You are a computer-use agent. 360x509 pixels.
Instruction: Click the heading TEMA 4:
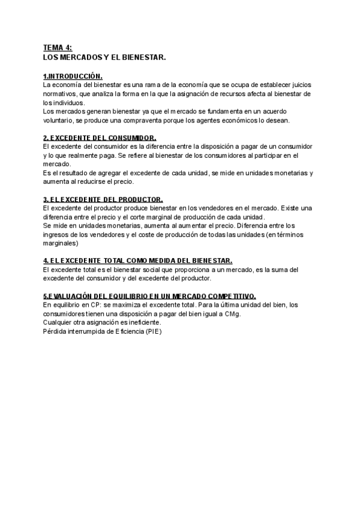[57, 47]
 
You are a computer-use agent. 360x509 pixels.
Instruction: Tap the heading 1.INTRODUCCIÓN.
[73, 77]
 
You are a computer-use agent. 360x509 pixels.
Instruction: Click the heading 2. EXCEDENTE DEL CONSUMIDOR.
[100, 138]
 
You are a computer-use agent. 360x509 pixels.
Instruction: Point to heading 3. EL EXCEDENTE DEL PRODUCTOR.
[103, 199]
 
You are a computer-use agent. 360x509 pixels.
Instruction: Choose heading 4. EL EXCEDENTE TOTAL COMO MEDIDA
[137, 261]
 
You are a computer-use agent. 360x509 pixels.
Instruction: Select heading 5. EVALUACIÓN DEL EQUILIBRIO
[149, 296]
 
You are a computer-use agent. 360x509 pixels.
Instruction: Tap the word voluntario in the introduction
[59, 120]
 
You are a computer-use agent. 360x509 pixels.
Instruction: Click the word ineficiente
[143, 322]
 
